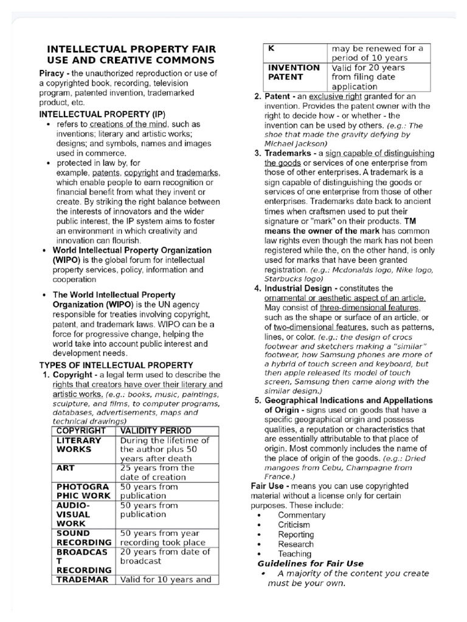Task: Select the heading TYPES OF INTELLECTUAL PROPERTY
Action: coord(116,365)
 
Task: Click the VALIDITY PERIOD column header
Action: coord(156,431)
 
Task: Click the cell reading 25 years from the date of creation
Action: coord(157,473)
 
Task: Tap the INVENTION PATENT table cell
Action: coord(294,72)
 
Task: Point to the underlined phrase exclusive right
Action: coord(336,97)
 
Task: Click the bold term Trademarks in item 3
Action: coord(288,153)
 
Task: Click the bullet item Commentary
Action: coord(302,515)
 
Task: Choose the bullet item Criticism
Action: coord(294,525)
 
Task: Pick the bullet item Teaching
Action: coord(294,554)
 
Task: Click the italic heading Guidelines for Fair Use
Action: coord(311,564)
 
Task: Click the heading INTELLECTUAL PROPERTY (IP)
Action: coord(102,114)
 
